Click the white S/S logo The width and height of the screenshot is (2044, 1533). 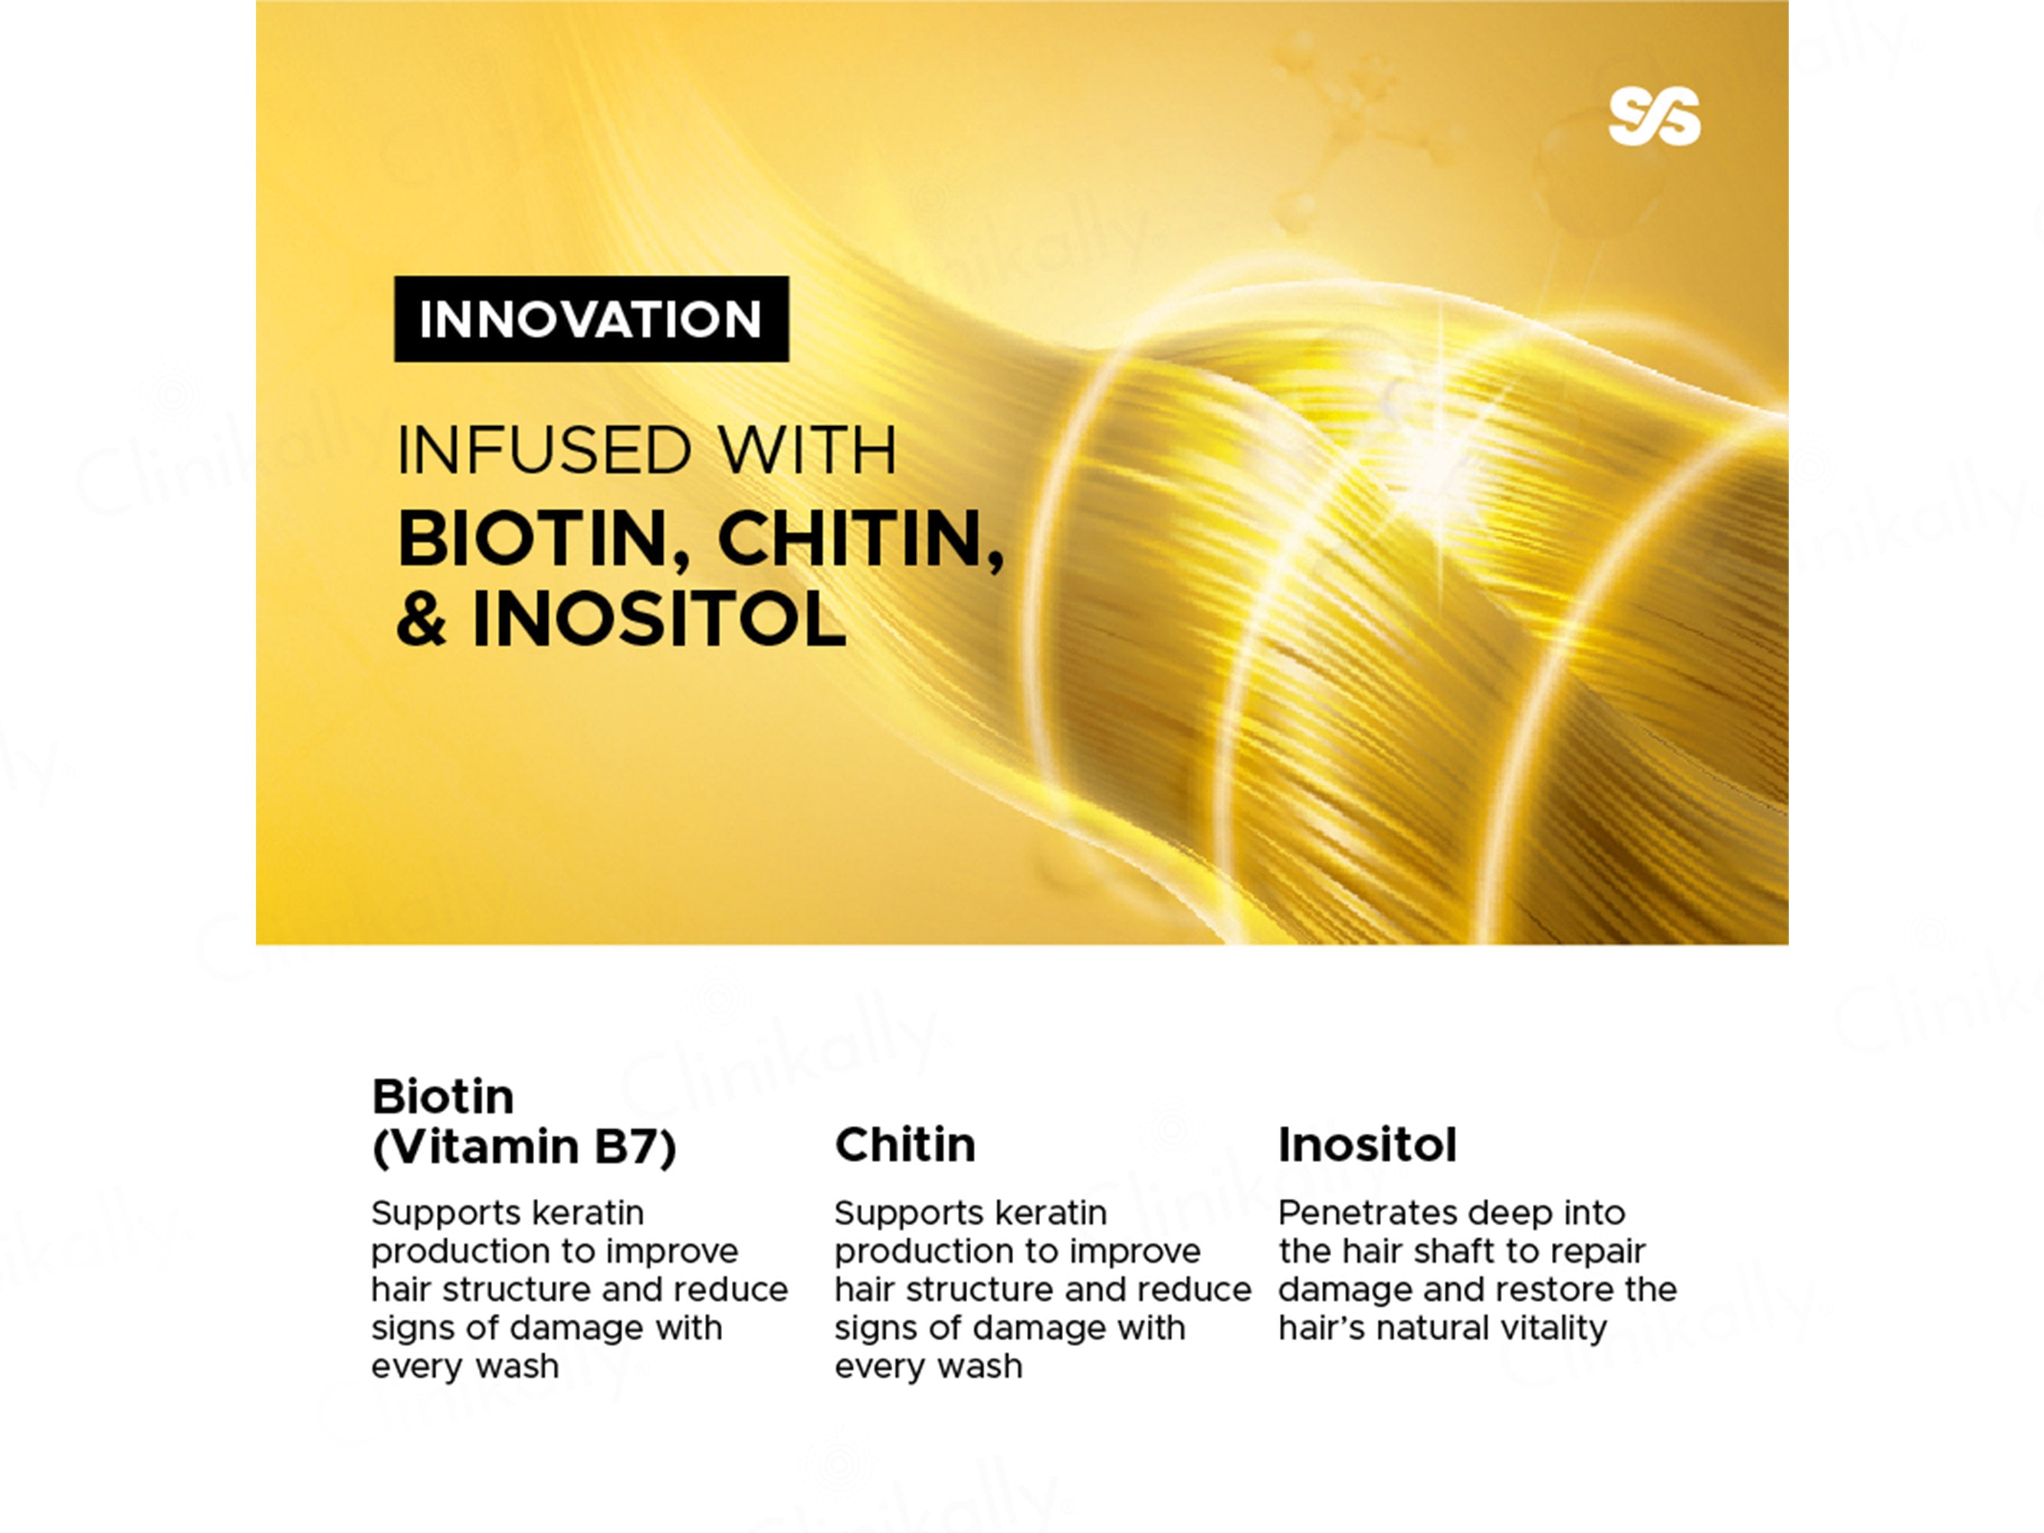(1654, 117)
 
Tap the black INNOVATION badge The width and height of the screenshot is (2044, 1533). (592, 319)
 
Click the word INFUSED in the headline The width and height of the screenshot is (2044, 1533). (544, 450)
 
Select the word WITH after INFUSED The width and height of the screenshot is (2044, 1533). (807, 450)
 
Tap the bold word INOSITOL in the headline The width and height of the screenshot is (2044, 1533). (659, 619)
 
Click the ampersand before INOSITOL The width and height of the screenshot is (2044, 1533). (422, 619)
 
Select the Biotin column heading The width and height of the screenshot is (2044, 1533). (443, 1097)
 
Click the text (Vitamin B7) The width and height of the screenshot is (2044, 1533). (524, 1147)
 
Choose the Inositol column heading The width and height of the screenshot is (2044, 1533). (1366, 1145)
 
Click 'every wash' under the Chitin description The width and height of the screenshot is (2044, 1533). (928, 1367)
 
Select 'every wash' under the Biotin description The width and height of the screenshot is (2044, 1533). (464, 1367)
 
